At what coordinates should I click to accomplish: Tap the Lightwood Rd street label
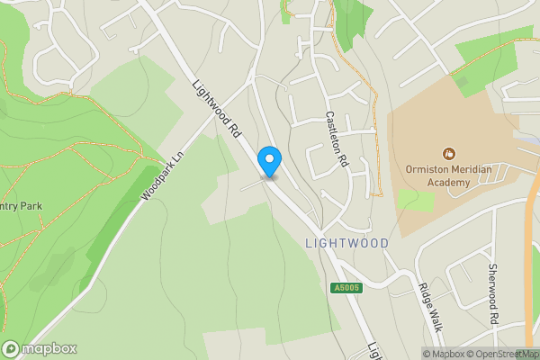[218, 108]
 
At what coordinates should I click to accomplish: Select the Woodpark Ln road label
[162, 175]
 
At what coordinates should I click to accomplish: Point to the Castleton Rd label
[337, 139]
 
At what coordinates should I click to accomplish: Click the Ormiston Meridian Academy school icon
[449, 153]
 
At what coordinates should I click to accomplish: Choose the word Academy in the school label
[448, 183]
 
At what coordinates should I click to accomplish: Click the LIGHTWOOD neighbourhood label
[346, 243]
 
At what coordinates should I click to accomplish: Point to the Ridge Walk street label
[429, 309]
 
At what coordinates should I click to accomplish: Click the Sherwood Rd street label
[493, 294]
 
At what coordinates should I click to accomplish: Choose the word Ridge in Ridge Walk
[424, 296]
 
